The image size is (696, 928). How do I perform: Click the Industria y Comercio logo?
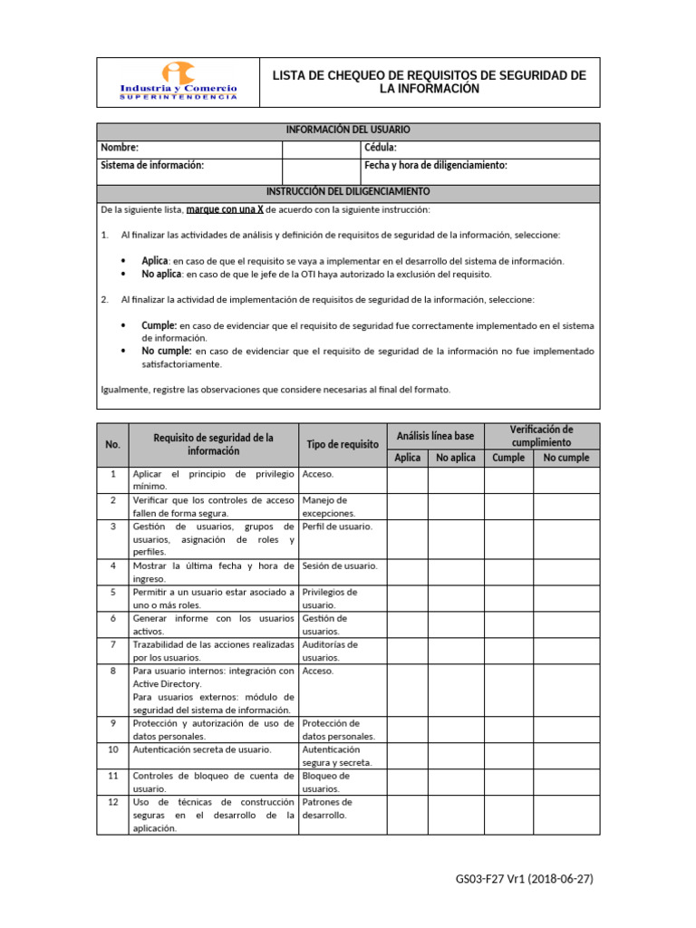click(x=179, y=82)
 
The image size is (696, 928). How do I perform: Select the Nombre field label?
click(x=120, y=148)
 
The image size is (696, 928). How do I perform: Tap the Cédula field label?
click(x=381, y=148)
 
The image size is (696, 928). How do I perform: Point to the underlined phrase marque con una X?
click(x=225, y=209)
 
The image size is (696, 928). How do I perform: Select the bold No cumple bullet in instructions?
click(x=167, y=351)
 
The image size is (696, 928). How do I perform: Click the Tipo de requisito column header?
click(x=343, y=444)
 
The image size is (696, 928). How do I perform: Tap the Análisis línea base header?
click(x=435, y=436)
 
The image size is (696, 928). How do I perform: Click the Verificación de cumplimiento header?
click(x=541, y=436)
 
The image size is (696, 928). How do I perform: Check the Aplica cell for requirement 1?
click(x=407, y=480)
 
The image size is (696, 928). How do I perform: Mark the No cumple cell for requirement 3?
click(x=565, y=538)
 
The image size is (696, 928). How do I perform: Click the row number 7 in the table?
click(x=112, y=644)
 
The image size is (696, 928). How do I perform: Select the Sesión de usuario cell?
click(x=340, y=566)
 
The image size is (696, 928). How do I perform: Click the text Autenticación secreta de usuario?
click(x=201, y=749)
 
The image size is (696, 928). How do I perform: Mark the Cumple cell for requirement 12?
click(x=507, y=815)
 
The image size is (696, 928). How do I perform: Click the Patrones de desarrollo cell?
click(x=327, y=808)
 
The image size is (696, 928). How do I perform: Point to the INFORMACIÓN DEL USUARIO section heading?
click(x=348, y=130)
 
